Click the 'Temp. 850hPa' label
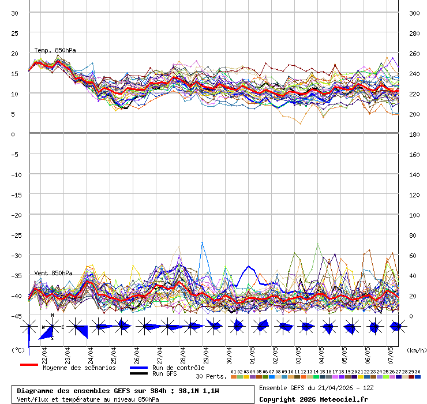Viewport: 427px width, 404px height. coord(55,50)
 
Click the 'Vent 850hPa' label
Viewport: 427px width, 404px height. coord(53,272)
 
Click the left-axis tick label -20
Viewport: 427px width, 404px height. coord(15,215)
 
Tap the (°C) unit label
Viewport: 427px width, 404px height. coord(18,350)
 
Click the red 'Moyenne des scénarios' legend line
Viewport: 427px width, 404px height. coord(29,365)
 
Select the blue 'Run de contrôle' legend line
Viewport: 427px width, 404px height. coord(138,368)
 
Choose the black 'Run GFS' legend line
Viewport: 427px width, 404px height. coord(138,373)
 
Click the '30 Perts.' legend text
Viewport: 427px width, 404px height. coord(211,376)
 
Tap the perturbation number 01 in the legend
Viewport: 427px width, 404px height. coord(233,371)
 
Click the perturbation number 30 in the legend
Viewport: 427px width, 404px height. coord(417,371)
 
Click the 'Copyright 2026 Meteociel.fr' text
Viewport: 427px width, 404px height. coord(313,399)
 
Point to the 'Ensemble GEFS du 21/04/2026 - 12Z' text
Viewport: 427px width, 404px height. coord(317,388)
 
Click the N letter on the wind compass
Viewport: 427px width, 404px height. coord(53,316)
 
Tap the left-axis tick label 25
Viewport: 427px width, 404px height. coord(15,33)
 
